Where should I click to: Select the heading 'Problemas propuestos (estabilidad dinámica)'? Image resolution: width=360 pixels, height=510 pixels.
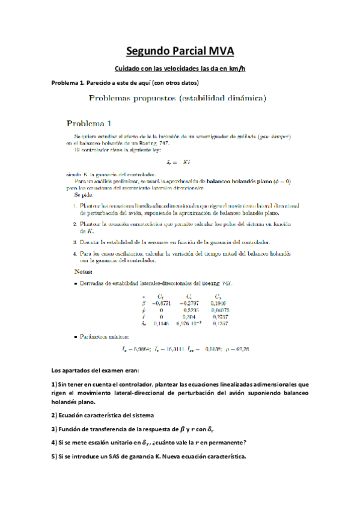point(177,97)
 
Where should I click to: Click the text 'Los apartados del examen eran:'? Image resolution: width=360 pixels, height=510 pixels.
point(92,369)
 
